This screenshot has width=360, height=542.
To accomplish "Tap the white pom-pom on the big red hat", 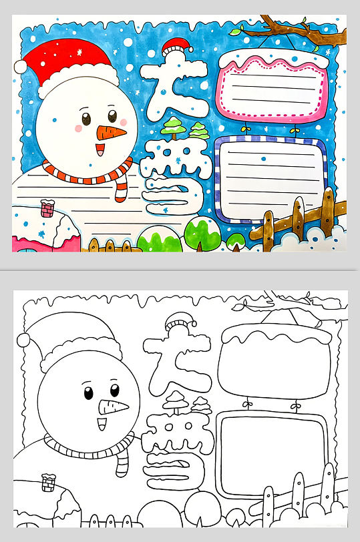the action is coord(20,66).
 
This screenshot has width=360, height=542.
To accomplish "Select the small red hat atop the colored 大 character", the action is coord(177,46).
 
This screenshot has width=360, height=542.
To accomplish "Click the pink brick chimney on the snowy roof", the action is coord(47,208).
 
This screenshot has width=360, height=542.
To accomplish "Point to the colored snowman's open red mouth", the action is coord(100,150).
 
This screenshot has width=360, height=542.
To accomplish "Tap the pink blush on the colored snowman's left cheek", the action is coord(79,129).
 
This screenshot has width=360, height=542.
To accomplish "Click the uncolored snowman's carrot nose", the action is coord(113,407).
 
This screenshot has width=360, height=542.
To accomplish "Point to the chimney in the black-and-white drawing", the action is coord(48,483).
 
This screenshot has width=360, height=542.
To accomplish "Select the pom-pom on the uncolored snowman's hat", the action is coord(23,340).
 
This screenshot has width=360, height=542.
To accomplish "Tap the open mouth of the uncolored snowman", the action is coord(102,424).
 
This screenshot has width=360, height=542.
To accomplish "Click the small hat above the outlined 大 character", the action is coord(180,322).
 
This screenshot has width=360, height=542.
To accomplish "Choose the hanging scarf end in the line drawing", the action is coord(122,463).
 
